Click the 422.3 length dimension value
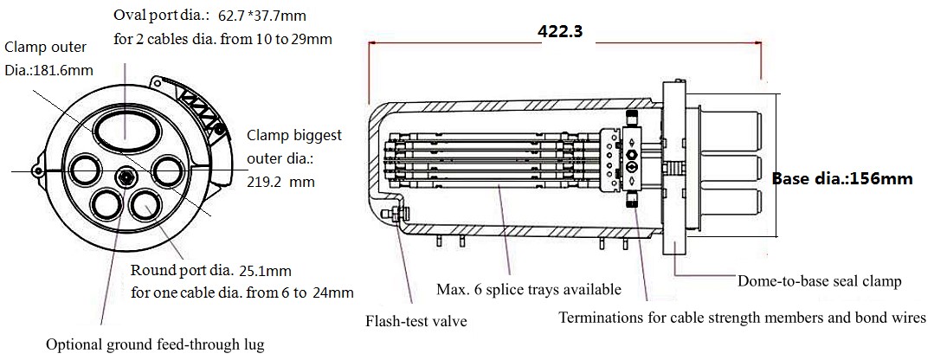click(560, 31)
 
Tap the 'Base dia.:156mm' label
click(842, 178)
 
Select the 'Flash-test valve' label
click(416, 322)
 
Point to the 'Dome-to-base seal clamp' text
click(819, 281)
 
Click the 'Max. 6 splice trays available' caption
click(529, 290)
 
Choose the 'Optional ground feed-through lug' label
click(155, 344)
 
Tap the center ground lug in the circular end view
click(126, 176)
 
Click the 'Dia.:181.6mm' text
click(49, 71)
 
